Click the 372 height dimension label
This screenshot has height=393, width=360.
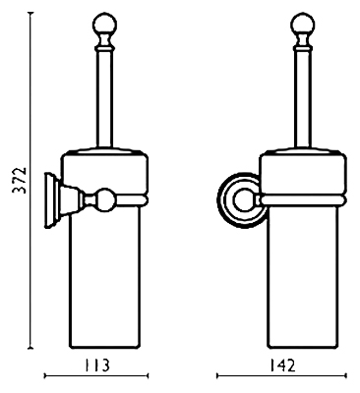(x=19, y=180)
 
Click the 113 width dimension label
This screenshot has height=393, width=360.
(x=96, y=365)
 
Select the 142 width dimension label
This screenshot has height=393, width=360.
(x=282, y=365)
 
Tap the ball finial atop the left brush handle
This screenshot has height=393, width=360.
(x=104, y=24)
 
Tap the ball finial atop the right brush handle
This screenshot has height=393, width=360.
(x=302, y=24)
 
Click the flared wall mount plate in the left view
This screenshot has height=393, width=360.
(x=50, y=200)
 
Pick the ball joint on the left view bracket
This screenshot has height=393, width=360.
(x=106, y=198)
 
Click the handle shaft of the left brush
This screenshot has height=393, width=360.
(x=104, y=98)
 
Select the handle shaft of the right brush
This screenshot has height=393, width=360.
(x=302, y=98)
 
